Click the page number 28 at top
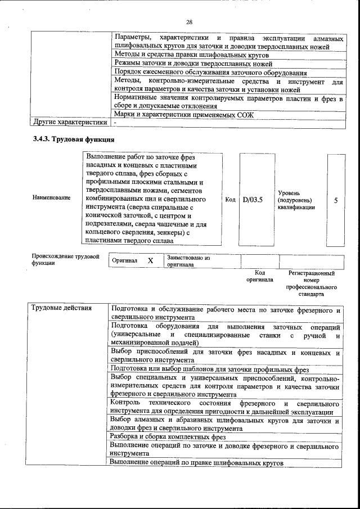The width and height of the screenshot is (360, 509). [x=190, y=22]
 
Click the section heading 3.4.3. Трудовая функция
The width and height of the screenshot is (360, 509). [x=74, y=139]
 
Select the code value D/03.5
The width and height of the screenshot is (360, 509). [x=253, y=200]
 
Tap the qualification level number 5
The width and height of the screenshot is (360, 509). [x=336, y=200]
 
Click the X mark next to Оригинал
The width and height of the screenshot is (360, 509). [x=150, y=261]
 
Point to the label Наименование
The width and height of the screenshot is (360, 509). [x=52, y=197]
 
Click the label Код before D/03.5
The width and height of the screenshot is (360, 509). [x=230, y=200]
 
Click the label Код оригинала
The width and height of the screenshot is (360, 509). [x=259, y=276]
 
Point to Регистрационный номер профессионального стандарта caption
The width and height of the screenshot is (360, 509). [x=311, y=283]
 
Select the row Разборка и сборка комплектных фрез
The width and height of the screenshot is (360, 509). [x=168, y=436]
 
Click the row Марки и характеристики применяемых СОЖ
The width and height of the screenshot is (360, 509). [x=183, y=115]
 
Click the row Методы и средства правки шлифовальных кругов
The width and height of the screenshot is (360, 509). [x=191, y=55]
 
